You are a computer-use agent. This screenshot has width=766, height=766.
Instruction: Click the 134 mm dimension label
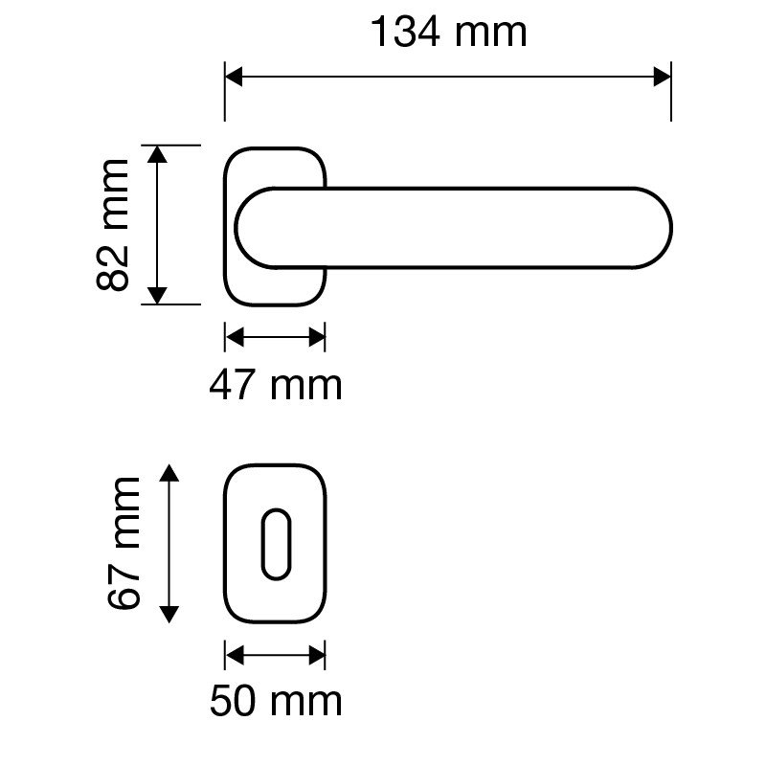[x=449, y=33]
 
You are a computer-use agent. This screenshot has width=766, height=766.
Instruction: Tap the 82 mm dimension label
[x=113, y=225]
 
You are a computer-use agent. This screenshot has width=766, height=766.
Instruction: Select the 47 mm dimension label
[x=276, y=386]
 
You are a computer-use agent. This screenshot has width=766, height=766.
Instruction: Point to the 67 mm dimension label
[x=124, y=544]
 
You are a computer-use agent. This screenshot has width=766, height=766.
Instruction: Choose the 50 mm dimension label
[x=276, y=701]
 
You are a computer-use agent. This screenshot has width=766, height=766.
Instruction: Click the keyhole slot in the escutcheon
[x=277, y=544]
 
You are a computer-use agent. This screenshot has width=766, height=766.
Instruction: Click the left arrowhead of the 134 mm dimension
[x=234, y=77]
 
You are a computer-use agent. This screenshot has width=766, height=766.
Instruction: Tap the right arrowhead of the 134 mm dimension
[x=662, y=77]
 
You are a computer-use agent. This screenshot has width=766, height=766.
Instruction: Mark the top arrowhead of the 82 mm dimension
[x=157, y=154]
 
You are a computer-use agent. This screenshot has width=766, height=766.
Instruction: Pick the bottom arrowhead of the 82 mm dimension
[x=157, y=296]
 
